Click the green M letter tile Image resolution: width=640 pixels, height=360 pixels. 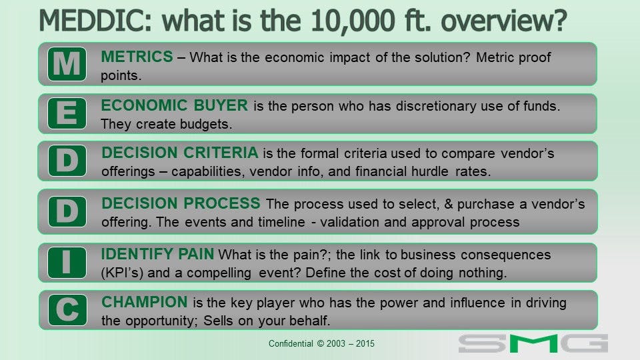click(67, 64)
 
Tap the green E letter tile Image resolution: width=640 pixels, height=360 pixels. click(67, 113)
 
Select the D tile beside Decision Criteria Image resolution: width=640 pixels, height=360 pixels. click(67, 161)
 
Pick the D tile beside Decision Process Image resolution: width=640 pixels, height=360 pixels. click(67, 211)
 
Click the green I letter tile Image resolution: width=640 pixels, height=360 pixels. click(67, 263)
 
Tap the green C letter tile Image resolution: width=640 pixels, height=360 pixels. click(67, 310)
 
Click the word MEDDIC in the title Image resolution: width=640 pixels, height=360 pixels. click(95, 21)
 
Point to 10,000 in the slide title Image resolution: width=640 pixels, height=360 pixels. click(353, 21)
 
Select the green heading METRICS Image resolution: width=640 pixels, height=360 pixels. click(137, 57)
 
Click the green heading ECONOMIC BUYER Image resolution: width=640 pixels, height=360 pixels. click(174, 105)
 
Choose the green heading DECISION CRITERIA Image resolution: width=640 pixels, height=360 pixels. click(180, 153)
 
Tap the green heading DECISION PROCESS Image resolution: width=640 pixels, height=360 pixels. click(181, 203)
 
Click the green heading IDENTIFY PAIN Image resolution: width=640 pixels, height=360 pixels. click(157, 254)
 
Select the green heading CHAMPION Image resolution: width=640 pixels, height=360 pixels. click(145, 302)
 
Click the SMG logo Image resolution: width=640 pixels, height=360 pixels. click(533, 343)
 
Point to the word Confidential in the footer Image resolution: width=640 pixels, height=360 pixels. click(291, 344)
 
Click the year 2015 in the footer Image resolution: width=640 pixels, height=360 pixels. click(365, 344)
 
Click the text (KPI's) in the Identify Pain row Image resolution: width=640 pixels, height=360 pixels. click(123, 273)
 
